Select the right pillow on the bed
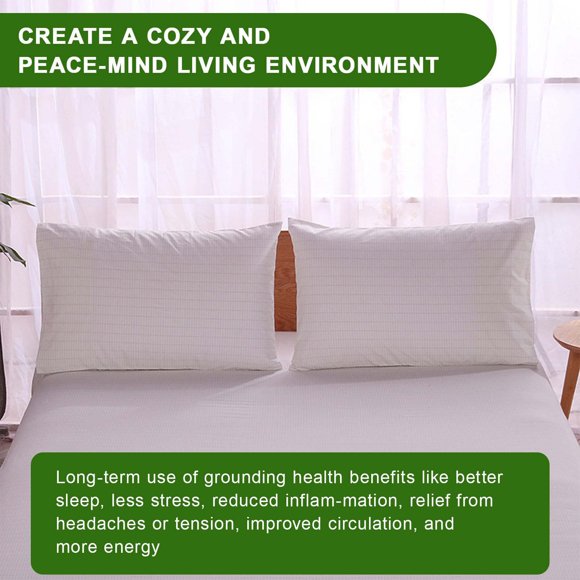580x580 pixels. coord(413,294)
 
